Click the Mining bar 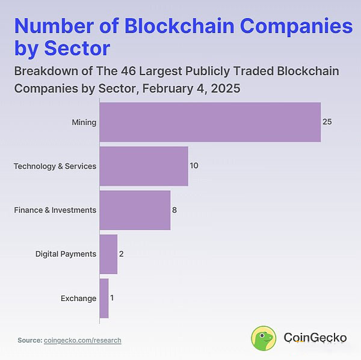coord(209,122)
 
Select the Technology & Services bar coord(143,166)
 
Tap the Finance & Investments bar coord(135,210)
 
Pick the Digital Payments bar coord(108,254)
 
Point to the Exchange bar coord(104,298)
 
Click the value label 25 coord(327,122)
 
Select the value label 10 coord(194,166)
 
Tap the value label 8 coord(174,210)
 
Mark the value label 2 coord(121,254)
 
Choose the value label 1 coord(112,298)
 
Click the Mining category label coord(84,122)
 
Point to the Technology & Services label coord(55,166)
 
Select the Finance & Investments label coord(55,210)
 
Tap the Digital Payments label coord(66,254)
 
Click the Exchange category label coord(78,298)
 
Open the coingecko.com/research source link coord(82,340)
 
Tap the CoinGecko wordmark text coord(315,338)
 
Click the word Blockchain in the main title coord(179,26)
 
